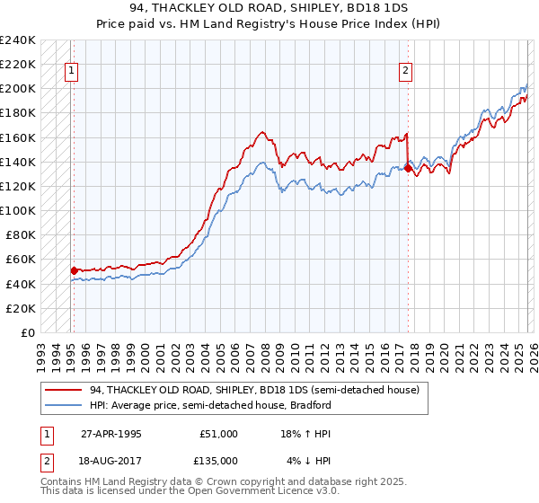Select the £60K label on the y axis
pos(20,260)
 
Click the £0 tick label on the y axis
pos(29,332)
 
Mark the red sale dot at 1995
pos(74,269)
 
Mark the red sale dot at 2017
pos(408,167)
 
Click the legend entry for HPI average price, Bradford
pos(210,405)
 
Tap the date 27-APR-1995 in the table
pos(110,434)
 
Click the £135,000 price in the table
pos(218,461)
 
